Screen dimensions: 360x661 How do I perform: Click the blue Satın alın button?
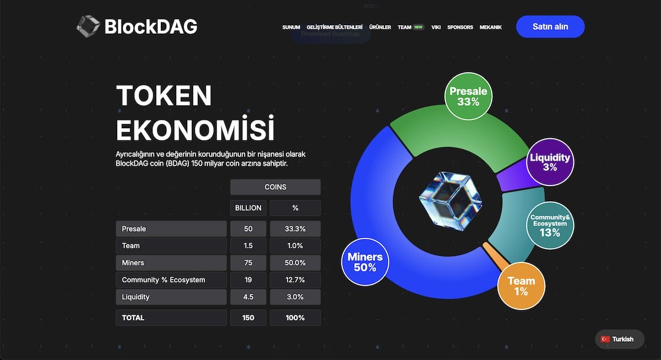click(x=550, y=26)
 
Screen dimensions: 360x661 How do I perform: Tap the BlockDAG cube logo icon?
click(x=88, y=26)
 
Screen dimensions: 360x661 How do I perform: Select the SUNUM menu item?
click(x=291, y=27)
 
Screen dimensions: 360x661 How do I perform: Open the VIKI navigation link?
click(x=436, y=27)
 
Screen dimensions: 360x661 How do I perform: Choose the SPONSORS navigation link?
click(x=460, y=27)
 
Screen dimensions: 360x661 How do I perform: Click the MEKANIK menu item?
click(x=490, y=27)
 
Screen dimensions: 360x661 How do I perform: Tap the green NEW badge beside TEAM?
click(x=419, y=27)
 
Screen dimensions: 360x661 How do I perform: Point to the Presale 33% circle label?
click(x=468, y=97)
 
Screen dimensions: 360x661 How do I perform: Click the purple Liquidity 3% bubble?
click(x=550, y=162)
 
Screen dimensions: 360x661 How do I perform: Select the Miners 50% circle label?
click(x=365, y=262)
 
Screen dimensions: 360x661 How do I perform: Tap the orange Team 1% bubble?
click(x=521, y=286)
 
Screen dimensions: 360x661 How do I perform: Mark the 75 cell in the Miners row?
click(x=248, y=263)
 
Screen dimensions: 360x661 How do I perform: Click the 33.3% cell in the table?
click(x=295, y=228)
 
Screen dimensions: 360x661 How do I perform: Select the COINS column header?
click(x=275, y=187)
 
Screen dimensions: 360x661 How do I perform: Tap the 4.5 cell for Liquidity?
click(x=248, y=297)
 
